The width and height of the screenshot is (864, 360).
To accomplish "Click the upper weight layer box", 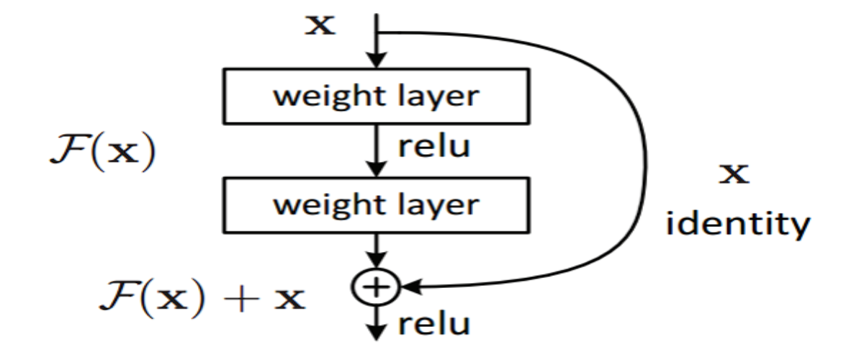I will pos(376,96).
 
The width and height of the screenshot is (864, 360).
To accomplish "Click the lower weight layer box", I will pos(376,204).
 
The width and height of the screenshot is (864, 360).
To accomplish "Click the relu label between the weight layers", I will pos(434,146).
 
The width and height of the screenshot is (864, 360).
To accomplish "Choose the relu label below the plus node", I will pos(434,325).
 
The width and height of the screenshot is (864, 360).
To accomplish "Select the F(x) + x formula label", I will pos(202,297).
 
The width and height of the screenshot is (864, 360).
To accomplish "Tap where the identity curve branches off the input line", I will pos(377,32).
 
